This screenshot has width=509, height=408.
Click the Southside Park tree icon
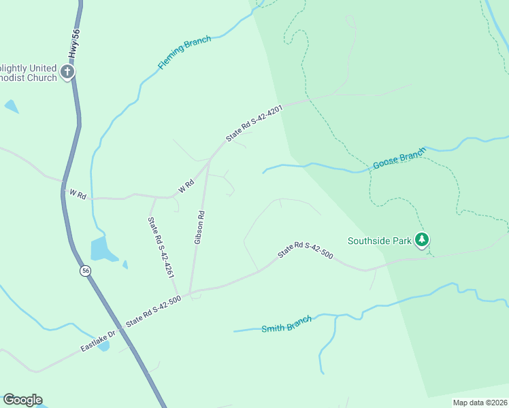(423, 239)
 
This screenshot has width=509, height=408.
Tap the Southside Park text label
(380, 240)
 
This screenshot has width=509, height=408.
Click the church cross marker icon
(67, 71)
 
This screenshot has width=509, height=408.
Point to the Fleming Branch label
(184, 52)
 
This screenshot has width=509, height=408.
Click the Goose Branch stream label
(399, 158)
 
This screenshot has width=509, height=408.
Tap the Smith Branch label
(286, 324)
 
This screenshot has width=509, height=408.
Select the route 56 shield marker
(85, 270)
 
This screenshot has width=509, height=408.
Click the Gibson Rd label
(199, 227)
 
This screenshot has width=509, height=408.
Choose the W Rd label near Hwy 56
(77, 194)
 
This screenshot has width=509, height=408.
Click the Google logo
(22, 400)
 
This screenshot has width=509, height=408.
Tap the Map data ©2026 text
(479, 403)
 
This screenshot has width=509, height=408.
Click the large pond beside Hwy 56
(103, 250)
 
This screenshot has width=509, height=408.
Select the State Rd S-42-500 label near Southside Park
(305, 250)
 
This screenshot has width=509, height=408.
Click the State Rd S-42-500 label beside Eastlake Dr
(153, 312)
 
